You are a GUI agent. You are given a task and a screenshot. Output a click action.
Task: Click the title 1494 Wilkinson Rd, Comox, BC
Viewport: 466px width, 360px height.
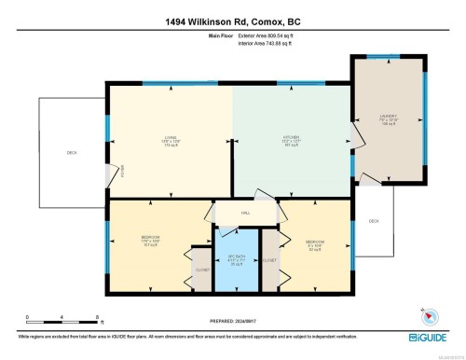coord(232,21)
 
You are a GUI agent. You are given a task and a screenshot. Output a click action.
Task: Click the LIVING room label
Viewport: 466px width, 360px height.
coord(169,141)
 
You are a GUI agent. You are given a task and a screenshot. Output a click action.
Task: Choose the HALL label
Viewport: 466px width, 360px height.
coord(246,214)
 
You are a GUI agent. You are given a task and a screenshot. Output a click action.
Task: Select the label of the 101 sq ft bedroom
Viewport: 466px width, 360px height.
coord(151,241)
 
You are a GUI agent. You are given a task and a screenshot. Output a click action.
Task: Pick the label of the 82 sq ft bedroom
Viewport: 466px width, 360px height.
coord(315,244)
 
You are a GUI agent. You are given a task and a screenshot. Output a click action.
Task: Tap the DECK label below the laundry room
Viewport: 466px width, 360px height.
coord(374,221)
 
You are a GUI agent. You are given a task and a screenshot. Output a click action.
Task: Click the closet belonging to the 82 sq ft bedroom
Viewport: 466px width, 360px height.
coord(269,260)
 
